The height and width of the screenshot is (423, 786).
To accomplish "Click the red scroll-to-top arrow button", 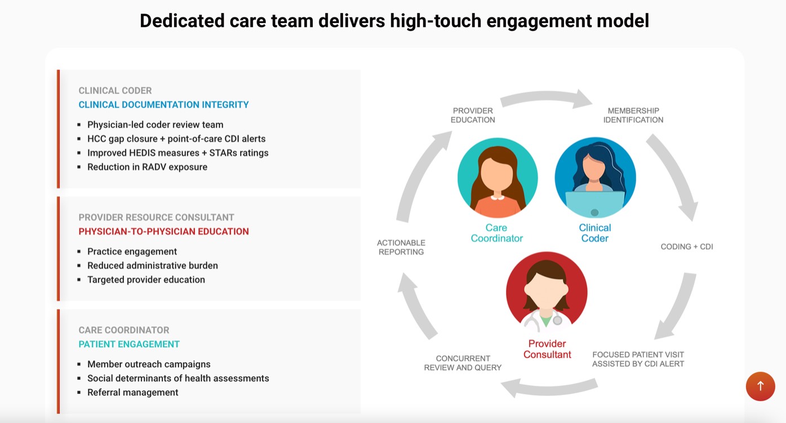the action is point(761,386).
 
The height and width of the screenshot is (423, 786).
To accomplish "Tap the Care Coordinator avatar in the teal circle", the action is point(498,178).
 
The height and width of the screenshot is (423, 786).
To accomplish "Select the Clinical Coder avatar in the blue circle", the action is point(595,177).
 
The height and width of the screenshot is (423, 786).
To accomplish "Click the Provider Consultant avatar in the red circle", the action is point(547,292).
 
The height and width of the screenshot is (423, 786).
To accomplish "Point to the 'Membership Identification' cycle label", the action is point(633,115).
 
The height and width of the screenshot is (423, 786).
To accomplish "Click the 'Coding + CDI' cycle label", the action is point(687,247).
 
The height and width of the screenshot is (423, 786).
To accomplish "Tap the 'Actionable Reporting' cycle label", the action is point(401,247).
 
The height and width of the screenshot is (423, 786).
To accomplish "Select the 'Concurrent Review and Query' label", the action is point(463,363).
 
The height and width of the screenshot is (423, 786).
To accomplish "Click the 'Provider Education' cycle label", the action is point(473,115).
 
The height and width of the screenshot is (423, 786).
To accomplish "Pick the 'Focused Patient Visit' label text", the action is point(638,355).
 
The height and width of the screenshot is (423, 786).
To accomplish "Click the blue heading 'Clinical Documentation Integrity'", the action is point(163,105).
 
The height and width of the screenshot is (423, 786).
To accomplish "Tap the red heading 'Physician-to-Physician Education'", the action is point(163,231).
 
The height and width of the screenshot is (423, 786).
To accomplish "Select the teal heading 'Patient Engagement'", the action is point(129,344).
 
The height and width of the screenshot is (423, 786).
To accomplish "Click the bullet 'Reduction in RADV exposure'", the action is point(148,167).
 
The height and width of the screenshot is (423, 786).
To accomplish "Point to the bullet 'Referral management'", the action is point(132,392).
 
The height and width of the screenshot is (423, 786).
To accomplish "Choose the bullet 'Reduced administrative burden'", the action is point(153,265).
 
